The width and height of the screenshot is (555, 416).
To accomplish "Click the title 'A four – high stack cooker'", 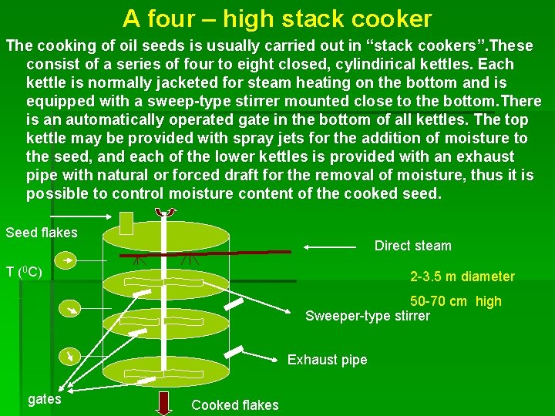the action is (x=277, y=18).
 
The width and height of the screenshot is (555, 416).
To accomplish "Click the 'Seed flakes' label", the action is (x=42, y=233).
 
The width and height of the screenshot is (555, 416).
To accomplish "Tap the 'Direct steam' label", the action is (x=412, y=246).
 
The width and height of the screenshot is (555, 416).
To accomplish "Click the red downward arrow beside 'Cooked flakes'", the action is (x=164, y=403).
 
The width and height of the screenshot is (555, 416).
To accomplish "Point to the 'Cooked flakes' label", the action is (x=235, y=405).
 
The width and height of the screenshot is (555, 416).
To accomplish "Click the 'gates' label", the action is (x=45, y=399).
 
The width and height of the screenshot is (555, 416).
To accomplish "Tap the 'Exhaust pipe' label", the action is (x=327, y=360).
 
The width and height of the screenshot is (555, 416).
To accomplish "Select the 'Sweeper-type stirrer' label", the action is (x=368, y=316).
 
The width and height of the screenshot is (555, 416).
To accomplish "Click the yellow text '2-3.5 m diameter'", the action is (x=462, y=277).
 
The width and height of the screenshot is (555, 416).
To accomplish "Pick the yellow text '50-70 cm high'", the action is (x=456, y=301).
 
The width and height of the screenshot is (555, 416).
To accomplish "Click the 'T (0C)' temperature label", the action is (x=24, y=272).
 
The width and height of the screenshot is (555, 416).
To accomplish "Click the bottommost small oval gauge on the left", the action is (x=71, y=356).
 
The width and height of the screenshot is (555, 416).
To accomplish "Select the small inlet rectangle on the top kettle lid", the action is (x=128, y=228).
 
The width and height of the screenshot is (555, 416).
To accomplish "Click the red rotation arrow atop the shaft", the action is (x=165, y=212).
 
